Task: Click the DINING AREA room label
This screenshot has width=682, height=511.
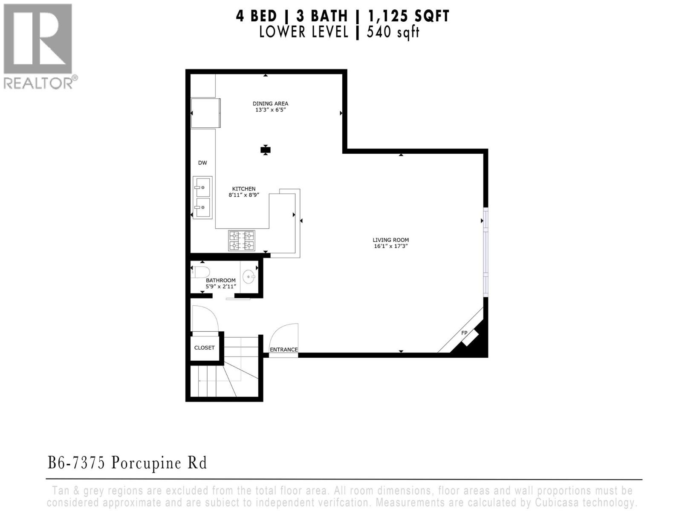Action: click(270, 103)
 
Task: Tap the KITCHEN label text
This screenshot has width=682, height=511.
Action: click(244, 189)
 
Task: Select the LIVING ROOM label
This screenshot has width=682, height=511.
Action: click(390, 240)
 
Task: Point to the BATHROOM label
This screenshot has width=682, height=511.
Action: click(220, 280)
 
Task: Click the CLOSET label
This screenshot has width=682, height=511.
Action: click(204, 347)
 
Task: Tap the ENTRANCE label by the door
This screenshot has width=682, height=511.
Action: click(283, 350)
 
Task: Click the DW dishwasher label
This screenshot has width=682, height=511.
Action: click(202, 163)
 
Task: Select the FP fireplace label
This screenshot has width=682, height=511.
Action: click(464, 333)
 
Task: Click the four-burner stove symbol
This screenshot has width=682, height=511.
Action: click(242, 241)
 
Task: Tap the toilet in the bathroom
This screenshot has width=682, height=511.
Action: click(201, 272)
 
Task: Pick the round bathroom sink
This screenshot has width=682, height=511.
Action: click(249, 277)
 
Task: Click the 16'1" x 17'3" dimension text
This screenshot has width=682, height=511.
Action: click(390, 246)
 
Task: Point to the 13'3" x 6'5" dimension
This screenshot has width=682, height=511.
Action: click(270, 110)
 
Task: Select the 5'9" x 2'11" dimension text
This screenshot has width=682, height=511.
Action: click(220, 286)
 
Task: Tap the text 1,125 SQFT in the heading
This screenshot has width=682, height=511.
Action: click(403, 16)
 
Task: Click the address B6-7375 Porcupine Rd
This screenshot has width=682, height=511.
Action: click(127, 463)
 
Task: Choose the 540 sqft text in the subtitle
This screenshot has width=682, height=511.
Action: click(393, 32)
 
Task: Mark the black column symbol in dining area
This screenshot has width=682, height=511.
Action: click(266, 149)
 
